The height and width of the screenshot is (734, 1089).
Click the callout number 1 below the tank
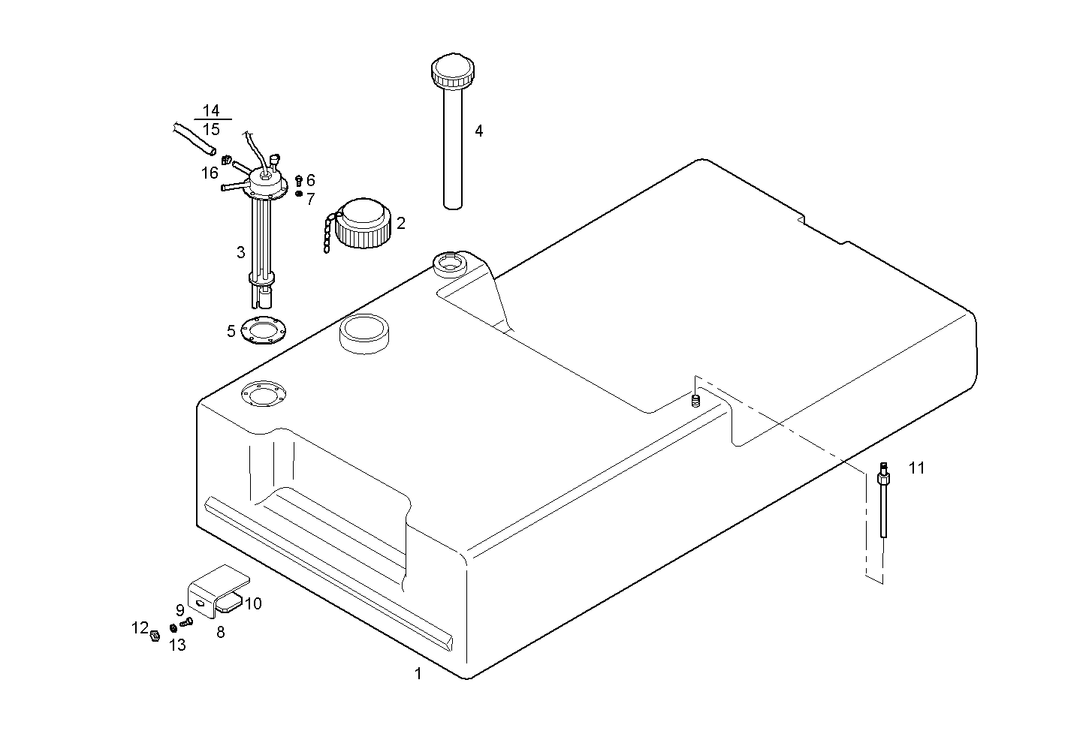pyautogui.click(x=418, y=673)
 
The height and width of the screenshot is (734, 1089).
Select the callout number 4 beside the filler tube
pyautogui.click(x=478, y=131)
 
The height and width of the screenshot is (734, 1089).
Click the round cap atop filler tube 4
pyautogui.click(x=452, y=71)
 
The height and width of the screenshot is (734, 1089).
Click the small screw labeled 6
pyautogui.click(x=299, y=180)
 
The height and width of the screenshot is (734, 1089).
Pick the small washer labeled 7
pyautogui.click(x=299, y=194)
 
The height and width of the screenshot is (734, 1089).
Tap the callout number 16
pyautogui.click(x=209, y=173)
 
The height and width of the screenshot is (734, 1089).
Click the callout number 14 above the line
pyautogui.click(x=211, y=111)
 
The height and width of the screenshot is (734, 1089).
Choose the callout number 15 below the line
pyautogui.click(x=211, y=130)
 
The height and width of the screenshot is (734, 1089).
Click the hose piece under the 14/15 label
pyautogui.click(x=192, y=139)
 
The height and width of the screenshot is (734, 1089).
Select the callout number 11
pyautogui.click(x=916, y=468)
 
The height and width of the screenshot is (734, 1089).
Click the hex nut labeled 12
pyautogui.click(x=154, y=635)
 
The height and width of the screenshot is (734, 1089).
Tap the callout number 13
pyautogui.click(x=177, y=645)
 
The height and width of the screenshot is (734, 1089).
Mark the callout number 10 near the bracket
pyautogui.click(x=253, y=603)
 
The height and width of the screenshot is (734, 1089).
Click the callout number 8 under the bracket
pyautogui.click(x=220, y=632)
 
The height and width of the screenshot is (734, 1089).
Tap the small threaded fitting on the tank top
pyautogui.click(x=695, y=401)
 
